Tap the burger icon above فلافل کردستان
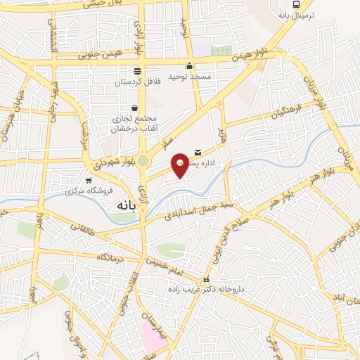(x=136, y=70)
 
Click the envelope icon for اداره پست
(x=196, y=152)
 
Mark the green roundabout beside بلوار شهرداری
(x=143, y=161)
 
